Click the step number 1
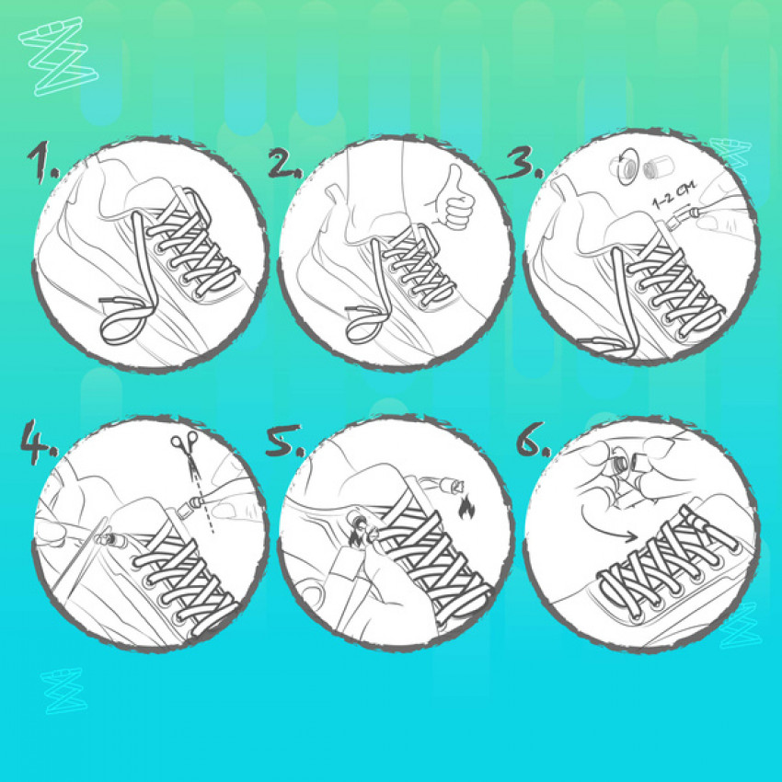point(42,164)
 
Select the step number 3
point(520,163)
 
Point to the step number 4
point(38,442)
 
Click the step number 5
point(282,442)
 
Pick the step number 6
point(533,440)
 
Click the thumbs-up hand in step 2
point(452,199)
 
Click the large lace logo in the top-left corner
point(58,56)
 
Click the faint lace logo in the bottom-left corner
point(63,691)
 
